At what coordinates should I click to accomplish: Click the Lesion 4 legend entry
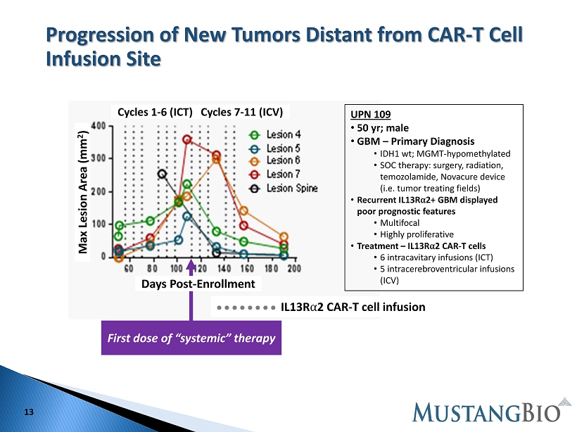(x=274, y=134)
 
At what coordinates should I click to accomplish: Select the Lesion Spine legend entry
(x=283, y=189)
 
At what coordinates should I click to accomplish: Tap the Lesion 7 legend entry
(x=274, y=174)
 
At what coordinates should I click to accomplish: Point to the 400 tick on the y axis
(x=99, y=126)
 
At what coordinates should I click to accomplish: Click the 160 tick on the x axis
(x=247, y=268)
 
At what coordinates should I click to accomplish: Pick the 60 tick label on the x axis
(x=129, y=268)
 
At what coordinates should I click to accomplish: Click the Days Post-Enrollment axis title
(x=198, y=284)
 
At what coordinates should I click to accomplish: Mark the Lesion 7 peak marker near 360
(x=187, y=139)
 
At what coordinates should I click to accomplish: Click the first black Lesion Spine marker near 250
(x=162, y=174)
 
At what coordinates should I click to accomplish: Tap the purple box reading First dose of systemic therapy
(x=191, y=338)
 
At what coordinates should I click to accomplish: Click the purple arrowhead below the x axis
(x=191, y=266)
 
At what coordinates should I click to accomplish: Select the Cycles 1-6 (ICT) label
(x=155, y=113)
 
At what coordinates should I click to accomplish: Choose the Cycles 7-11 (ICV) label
(x=242, y=113)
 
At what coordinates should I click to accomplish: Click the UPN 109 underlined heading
(x=370, y=115)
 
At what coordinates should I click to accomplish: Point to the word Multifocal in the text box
(x=400, y=223)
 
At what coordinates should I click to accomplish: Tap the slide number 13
(x=29, y=412)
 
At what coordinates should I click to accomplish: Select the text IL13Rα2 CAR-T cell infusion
(x=353, y=307)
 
